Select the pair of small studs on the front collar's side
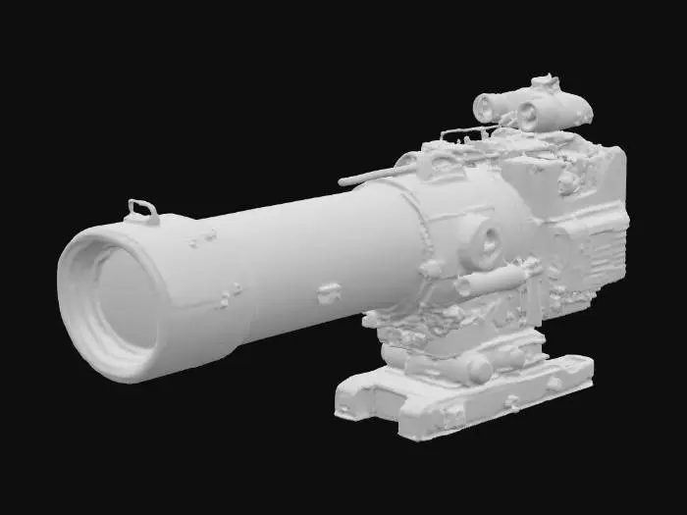pos(232,294)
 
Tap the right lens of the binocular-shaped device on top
pos(531,115)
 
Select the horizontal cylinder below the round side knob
pos(491,282)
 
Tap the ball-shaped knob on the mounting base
pos(479,369)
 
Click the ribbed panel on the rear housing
pos(599,250)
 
